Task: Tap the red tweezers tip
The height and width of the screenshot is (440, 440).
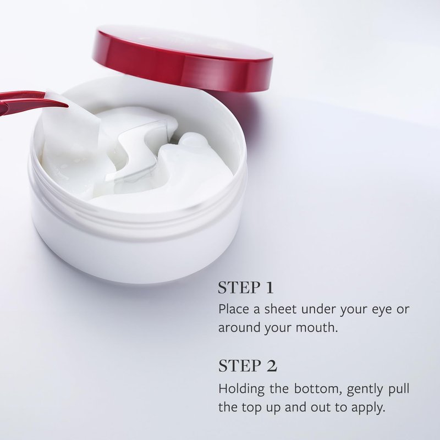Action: coord(67,106)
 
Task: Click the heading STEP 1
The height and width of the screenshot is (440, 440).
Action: coord(245,287)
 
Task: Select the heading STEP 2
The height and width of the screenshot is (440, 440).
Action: coord(248,366)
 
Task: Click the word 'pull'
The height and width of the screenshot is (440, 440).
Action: coord(399,389)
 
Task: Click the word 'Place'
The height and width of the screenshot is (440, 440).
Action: coord(234,309)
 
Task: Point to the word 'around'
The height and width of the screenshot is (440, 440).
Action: coord(239,327)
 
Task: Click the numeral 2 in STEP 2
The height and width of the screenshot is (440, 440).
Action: coord(271,366)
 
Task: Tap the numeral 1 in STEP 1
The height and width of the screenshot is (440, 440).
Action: coord(269,287)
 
